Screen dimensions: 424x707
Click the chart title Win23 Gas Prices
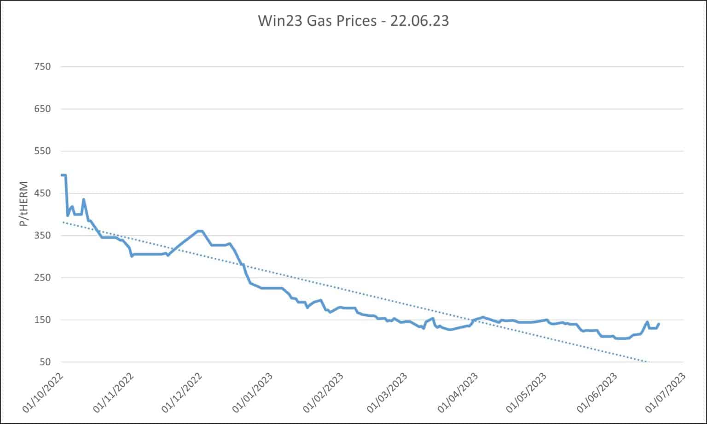[353, 21]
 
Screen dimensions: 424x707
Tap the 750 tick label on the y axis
[42, 67]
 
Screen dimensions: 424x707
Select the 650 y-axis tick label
[42, 109]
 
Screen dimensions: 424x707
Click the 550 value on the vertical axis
[42, 151]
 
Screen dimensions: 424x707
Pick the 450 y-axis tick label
[42, 193]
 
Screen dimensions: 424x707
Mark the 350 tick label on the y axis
[42, 236]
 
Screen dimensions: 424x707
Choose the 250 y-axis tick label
[42, 278]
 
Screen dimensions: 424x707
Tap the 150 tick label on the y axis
[42, 320]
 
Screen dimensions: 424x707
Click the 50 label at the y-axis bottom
[45, 362]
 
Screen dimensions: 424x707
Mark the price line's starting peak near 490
[63, 175]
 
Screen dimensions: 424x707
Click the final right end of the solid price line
[659, 324]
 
